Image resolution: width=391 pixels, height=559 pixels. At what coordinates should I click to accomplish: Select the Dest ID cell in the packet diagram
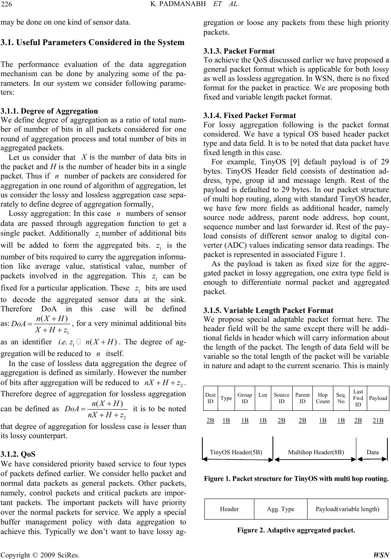click(x=210, y=398)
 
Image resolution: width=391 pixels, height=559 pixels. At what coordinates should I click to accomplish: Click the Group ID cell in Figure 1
click(x=245, y=398)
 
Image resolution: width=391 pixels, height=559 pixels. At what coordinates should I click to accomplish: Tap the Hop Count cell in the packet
click(x=322, y=398)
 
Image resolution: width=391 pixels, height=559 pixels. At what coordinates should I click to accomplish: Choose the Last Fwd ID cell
click(x=358, y=398)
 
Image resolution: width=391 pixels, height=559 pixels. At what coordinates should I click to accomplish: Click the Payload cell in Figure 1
click(x=378, y=398)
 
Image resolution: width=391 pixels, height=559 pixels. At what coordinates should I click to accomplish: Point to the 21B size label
click(x=378, y=420)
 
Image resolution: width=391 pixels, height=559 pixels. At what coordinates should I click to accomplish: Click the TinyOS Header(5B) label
click(x=236, y=452)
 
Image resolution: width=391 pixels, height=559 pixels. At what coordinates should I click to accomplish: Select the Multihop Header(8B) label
click(x=316, y=452)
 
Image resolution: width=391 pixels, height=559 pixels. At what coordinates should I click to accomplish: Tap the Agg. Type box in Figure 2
click(x=281, y=509)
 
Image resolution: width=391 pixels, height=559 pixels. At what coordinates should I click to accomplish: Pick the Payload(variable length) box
click(x=347, y=509)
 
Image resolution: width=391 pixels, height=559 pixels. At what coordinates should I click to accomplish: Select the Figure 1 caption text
click(x=296, y=479)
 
